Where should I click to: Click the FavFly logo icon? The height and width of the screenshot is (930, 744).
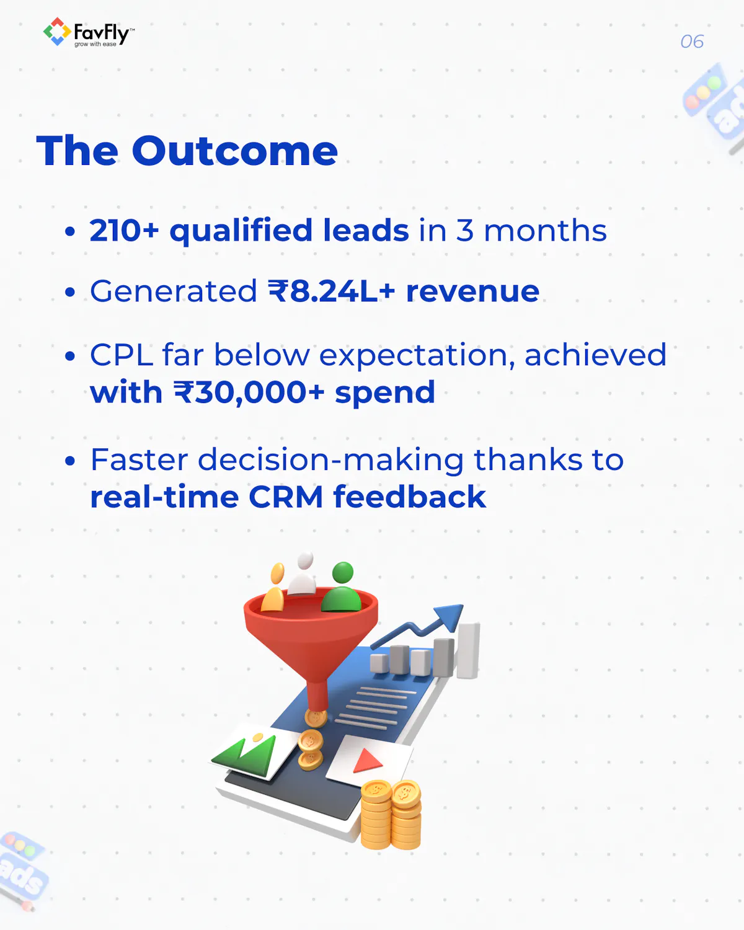[x=57, y=32]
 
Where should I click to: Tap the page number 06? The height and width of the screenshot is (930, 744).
[x=692, y=42]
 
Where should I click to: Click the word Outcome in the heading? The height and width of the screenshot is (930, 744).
[x=235, y=151]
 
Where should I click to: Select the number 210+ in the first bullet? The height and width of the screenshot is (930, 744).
[x=125, y=230]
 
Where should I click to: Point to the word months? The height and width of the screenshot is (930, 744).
[x=545, y=230]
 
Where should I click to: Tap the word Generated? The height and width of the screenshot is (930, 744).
[x=174, y=291]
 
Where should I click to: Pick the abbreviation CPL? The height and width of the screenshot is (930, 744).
[x=122, y=355]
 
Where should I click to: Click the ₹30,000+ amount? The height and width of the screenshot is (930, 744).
[x=249, y=392]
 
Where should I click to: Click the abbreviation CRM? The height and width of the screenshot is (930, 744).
[x=286, y=497]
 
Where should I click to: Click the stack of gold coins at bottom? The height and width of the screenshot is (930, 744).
[x=391, y=815]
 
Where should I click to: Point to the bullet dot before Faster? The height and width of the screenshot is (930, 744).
[x=70, y=461]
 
